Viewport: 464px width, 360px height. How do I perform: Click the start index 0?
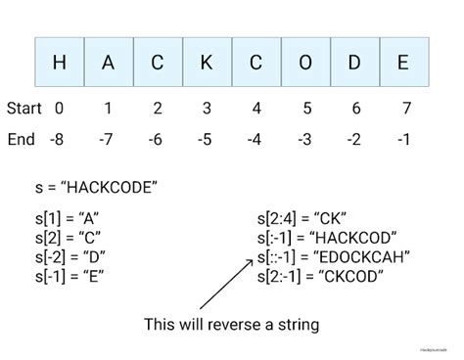tap(60, 107)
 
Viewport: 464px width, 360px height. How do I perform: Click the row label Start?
tap(24, 107)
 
